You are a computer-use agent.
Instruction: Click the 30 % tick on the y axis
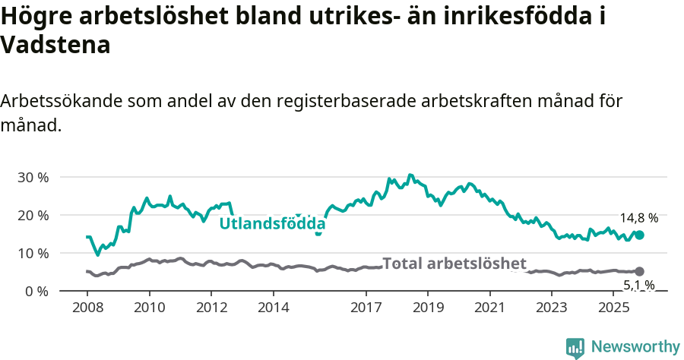(x=33, y=177)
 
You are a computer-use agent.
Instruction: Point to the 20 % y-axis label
(x=33, y=215)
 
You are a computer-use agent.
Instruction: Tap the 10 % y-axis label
(x=33, y=253)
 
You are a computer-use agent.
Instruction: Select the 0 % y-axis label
(x=36, y=291)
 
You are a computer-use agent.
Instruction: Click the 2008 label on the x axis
(x=87, y=308)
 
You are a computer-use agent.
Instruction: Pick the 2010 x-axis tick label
(x=149, y=308)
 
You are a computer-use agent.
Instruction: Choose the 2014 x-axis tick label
(x=273, y=308)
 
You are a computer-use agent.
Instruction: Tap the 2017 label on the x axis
(x=366, y=308)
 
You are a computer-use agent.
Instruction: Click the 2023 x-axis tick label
(x=551, y=308)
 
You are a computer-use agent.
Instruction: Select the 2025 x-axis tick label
(x=613, y=308)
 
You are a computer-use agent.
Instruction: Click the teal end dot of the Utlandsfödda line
(x=639, y=235)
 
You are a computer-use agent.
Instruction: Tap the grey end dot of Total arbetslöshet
(x=639, y=271)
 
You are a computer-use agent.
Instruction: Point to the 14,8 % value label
(x=638, y=218)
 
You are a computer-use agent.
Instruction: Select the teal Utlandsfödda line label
(x=272, y=224)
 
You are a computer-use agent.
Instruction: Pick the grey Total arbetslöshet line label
(x=454, y=264)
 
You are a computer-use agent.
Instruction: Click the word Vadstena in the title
(x=56, y=45)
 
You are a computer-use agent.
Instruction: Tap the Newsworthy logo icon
(x=575, y=347)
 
